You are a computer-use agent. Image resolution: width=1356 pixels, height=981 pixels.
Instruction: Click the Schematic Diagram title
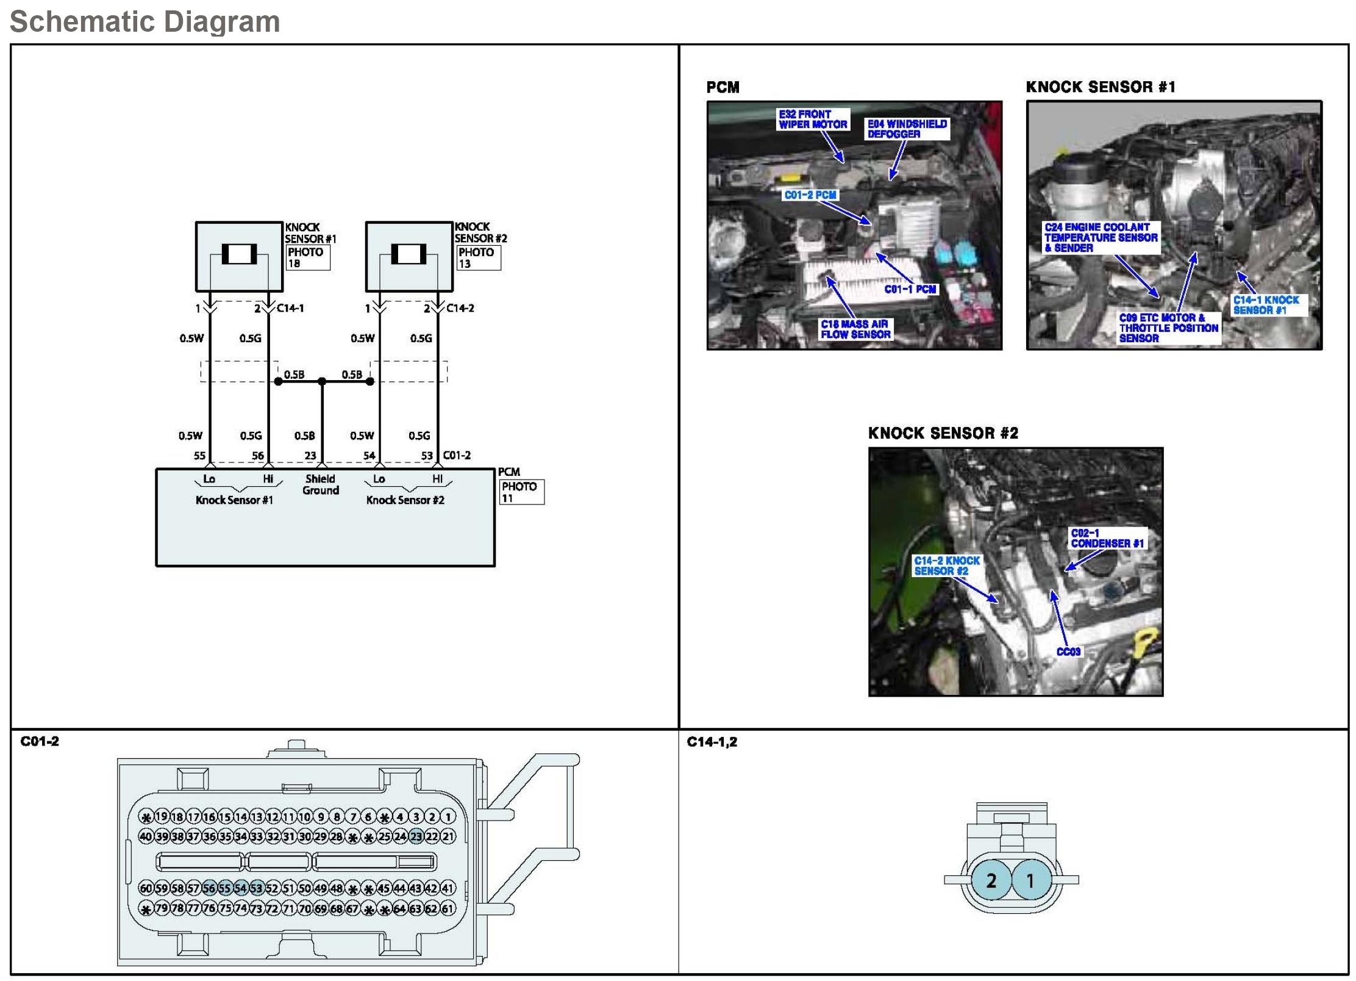point(145,21)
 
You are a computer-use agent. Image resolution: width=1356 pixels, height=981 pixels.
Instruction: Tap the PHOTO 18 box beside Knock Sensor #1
point(308,257)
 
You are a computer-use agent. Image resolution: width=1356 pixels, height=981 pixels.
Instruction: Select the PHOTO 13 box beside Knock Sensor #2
point(479,257)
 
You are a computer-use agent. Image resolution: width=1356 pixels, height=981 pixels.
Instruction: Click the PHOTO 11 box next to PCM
point(522,492)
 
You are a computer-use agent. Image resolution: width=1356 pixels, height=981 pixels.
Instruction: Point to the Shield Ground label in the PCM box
point(321,485)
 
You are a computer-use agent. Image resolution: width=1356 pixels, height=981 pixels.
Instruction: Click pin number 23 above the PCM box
point(310,456)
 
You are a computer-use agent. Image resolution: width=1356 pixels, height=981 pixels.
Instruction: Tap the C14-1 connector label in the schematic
point(290,308)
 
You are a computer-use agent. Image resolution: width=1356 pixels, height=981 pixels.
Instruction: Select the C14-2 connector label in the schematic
point(460,308)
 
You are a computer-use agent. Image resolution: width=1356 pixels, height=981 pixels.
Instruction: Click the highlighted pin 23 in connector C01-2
point(416,836)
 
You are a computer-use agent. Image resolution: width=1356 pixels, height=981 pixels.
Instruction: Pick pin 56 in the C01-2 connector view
point(209,888)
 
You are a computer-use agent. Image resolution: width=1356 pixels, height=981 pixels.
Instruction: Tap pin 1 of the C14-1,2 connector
point(1030,880)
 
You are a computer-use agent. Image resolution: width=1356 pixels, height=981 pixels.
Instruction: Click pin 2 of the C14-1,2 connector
point(991,880)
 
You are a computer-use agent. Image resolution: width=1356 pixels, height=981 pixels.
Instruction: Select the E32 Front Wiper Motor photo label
point(813,119)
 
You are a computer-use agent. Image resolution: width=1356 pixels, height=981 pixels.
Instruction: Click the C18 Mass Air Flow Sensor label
point(855,329)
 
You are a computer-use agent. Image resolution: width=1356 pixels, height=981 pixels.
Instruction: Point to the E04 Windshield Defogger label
point(907,129)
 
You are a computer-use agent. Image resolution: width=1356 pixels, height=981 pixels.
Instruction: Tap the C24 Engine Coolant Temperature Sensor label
point(1101,237)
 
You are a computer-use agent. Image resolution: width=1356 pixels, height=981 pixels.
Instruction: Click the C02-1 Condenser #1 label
point(1107,538)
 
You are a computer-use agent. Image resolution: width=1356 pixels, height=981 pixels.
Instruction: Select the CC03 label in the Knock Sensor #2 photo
point(1068,652)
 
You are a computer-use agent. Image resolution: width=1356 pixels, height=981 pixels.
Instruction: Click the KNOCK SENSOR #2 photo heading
point(943,433)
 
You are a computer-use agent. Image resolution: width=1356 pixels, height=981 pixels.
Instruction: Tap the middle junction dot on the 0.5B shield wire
point(322,381)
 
